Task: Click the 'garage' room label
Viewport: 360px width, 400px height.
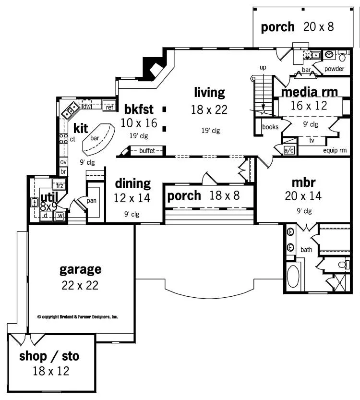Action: point(80,269)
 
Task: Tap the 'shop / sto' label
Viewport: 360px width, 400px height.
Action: point(49,356)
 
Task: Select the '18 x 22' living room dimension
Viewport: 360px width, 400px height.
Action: point(209,109)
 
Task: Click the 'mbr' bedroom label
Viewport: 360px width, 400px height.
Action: point(303,182)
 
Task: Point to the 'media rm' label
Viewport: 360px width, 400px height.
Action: point(310,92)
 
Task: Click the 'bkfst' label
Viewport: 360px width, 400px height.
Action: point(139,108)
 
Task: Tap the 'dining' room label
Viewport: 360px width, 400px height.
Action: point(132,183)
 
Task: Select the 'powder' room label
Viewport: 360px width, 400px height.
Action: point(334,69)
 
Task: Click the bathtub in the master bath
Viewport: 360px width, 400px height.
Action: point(292,276)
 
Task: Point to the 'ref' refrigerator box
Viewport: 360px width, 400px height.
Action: point(109,107)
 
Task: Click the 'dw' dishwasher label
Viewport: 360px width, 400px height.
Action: point(87,107)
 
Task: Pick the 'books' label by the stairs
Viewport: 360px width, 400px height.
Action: point(271,127)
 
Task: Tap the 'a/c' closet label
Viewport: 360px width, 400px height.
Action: point(289,150)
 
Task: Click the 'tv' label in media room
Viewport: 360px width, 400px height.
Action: point(312,141)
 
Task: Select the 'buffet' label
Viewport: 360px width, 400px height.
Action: point(147,151)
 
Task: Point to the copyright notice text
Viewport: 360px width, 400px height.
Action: point(78,317)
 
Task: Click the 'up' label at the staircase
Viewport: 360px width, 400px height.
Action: point(263,67)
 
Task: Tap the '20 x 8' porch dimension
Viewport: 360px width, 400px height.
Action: point(318,27)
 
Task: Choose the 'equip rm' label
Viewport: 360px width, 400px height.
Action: point(335,150)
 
